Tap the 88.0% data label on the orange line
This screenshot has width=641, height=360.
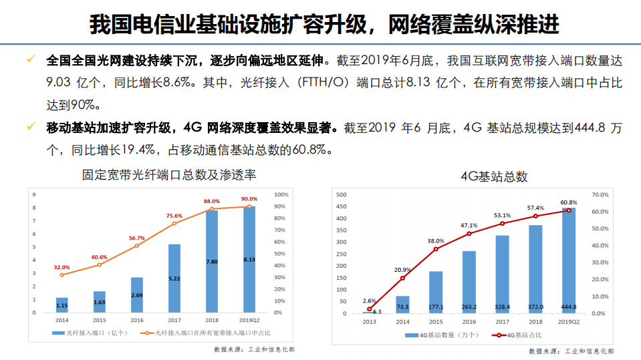(x=212, y=201)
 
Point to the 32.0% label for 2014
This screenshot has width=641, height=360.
(x=61, y=267)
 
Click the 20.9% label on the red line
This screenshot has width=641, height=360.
(x=402, y=270)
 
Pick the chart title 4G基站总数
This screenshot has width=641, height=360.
(x=494, y=176)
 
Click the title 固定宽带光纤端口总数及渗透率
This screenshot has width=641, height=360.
(x=169, y=175)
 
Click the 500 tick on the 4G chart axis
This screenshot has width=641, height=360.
(x=342, y=194)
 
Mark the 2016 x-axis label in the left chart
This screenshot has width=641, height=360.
(x=136, y=320)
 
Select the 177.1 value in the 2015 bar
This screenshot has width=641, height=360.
(x=436, y=307)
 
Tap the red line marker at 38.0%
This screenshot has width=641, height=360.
(x=436, y=249)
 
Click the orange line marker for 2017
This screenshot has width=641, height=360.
(x=174, y=223)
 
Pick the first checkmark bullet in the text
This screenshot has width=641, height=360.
(x=30, y=61)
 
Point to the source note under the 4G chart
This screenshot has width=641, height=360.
(x=571, y=351)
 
